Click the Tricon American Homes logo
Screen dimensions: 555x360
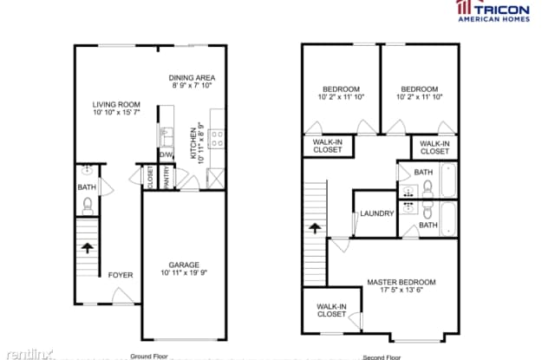pyautogui.click(x=493, y=11)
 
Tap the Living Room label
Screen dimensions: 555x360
pyautogui.click(x=116, y=105)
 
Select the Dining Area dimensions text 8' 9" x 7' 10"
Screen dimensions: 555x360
pyautogui.click(x=192, y=85)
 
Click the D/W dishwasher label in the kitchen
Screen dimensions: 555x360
pyautogui.click(x=166, y=154)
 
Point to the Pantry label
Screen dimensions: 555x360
pyautogui.click(x=166, y=177)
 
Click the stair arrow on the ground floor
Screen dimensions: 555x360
pyautogui.click(x=87, y=247)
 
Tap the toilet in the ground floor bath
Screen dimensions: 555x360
pyautogui.click(x=88, y=206)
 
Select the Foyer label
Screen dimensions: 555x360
pyautogui.click(x=121, y=275)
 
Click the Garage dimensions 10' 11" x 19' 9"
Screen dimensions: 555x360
pyautogui.click(x=184, y=272)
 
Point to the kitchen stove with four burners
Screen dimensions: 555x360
pyautogui.click(x=216, y=139)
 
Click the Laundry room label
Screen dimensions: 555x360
pyautogui.click(x=377, y=213)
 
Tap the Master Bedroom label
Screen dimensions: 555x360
pyautogui.click(x=402, y=282)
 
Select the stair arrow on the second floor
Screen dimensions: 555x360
pyautogui.click(x=315, y=228)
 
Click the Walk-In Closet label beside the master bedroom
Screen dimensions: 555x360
pyautogui.click(x=331, y=311)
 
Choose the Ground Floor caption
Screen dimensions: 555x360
pyautogui.click(x=149, y=357)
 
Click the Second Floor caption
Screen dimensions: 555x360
pyautogui.click(x=382, y=357)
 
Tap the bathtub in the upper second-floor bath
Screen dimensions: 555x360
pyautogui.click(x=448, y=180)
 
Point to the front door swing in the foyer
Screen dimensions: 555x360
pyautogui.click(x=122, y=296)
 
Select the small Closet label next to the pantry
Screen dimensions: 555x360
pyautogui.click(x=150, y=177)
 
